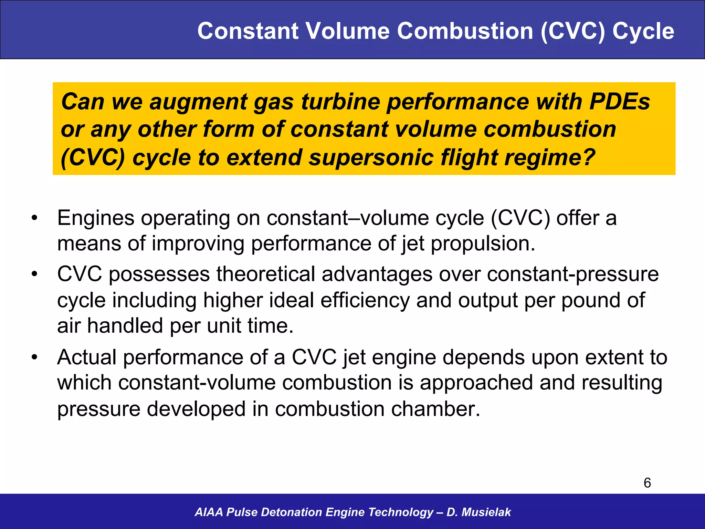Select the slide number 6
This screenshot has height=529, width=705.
coord(647,483)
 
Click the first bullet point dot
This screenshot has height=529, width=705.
coord(34,218)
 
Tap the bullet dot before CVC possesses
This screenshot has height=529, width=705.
coord(34,274)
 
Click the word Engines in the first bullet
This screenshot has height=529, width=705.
coord(96,218)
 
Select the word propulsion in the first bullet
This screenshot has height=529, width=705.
coord(483,244)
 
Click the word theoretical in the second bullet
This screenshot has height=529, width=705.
coord(266,274)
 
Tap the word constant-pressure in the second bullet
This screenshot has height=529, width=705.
coord(572,274)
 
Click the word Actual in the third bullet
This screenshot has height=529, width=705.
coord(87,357)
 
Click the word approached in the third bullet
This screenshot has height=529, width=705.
coord(476,383)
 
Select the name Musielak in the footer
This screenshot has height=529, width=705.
coord(486,512)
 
